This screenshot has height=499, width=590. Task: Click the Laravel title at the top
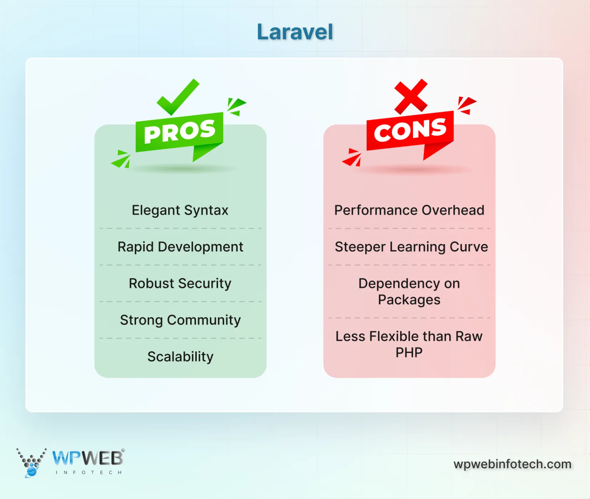pyautogui.click(x=295, y=32)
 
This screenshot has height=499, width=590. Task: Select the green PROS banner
pyautogui.click(x=180, y=132)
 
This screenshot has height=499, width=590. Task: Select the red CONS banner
pyautogui.click(x=410, y=131)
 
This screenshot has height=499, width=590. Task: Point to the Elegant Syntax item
pyautogui.click(x=180, y=210)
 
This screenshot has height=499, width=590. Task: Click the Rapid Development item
pyautogui.click(x=180, y=247)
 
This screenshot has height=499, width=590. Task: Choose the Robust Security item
pyautogui.click(x=180, y=283)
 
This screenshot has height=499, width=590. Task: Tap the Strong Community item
pyautogui.click(x=180, y=320)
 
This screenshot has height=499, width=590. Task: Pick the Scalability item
pyautogui.click(x=180, y=357)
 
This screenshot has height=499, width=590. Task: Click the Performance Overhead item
pyautogui.click(x=409, y=210)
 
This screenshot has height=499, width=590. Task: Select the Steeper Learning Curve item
pyautogui.click(x=411, y=247)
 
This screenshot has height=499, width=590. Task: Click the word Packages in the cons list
pyautogui.click(x=409, y=300)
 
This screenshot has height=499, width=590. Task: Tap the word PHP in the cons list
pyautogui.click(x=409, y=353)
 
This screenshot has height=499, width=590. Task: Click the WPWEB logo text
pyautogui.click(x=87, y=458)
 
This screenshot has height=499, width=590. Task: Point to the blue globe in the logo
pyautogui.click(x=31, y=472)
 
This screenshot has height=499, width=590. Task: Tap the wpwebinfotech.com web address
pyautogui.click(x=512, y=464)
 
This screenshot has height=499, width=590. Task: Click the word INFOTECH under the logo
pyautogui.click(x=89, y=473)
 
